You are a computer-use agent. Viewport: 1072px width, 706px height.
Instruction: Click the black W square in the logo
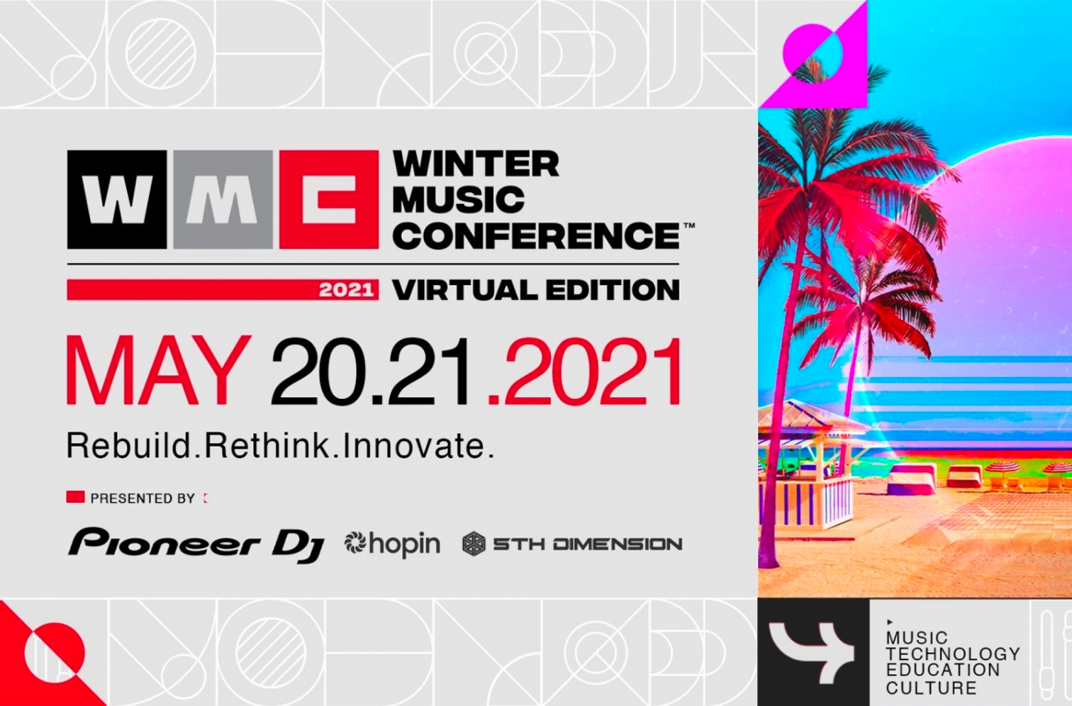[116, 199]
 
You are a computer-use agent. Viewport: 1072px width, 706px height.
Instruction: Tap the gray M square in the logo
[223, 199]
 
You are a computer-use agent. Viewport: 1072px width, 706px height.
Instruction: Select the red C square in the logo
[329, 199]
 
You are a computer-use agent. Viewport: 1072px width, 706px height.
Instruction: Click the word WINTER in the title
[476, 164]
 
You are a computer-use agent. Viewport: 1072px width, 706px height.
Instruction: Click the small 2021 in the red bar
[346, 290]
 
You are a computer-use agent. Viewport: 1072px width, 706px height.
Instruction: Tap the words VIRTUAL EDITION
[536, 289]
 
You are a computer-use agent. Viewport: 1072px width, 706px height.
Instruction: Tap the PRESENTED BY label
[143, 498]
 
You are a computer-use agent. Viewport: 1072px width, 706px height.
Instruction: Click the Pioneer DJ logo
[197, 545]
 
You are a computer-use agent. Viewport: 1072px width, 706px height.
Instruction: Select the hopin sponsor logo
[392, 545]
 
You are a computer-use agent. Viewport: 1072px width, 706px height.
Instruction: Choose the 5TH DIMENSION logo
[572, 545]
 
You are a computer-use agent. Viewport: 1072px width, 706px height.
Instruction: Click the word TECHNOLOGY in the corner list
[952, 654]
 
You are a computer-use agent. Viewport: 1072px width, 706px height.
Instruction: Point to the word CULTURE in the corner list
[931, 687]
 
